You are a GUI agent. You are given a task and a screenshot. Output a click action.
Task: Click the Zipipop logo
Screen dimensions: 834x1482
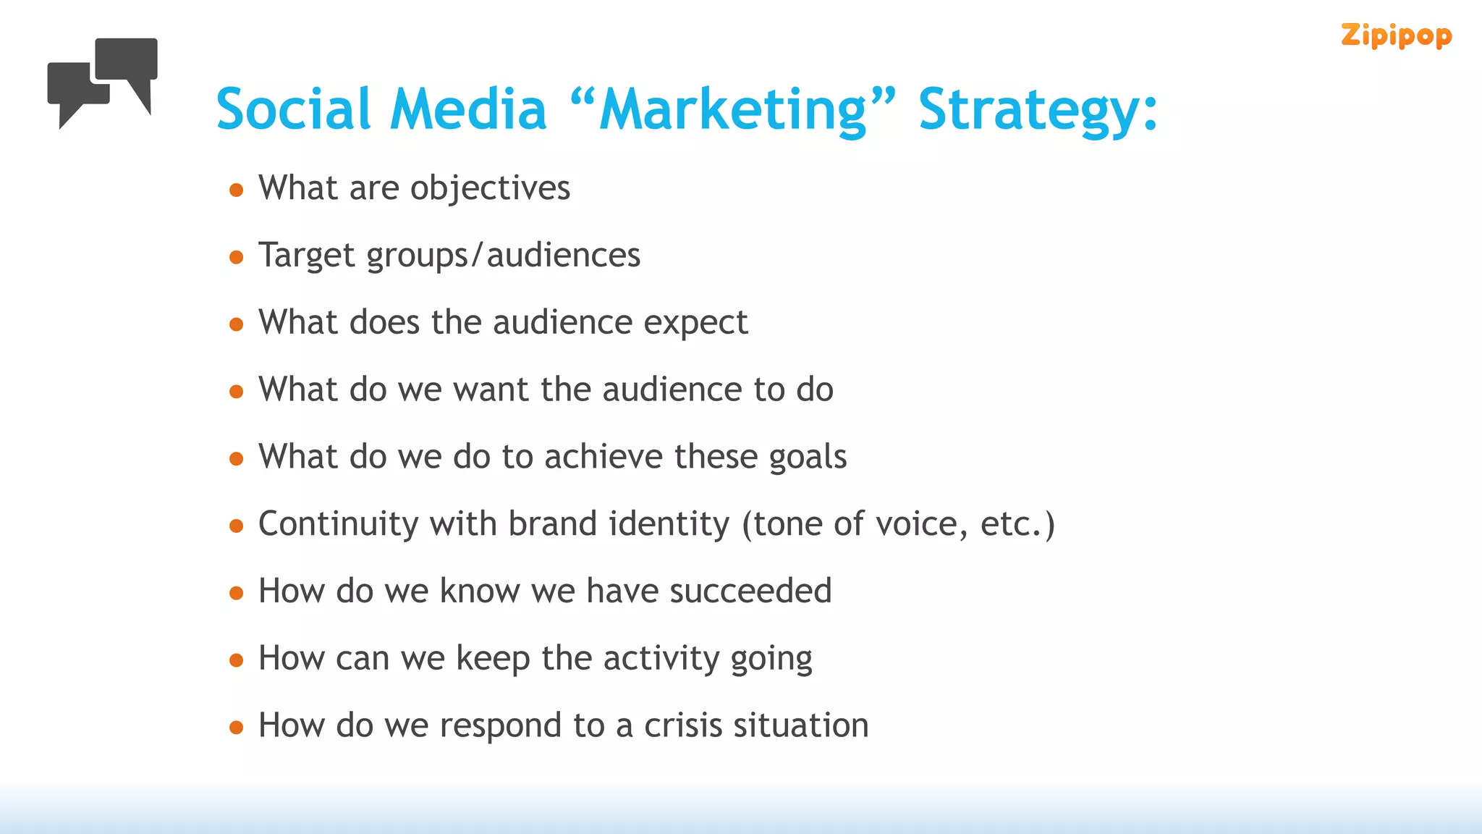1396,35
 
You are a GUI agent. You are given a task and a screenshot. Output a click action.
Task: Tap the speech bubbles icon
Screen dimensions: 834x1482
103,82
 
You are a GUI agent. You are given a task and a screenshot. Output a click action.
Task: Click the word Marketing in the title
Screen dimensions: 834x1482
733,110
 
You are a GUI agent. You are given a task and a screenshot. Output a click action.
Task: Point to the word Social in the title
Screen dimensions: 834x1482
293,110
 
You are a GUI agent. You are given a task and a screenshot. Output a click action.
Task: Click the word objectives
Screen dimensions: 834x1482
490,189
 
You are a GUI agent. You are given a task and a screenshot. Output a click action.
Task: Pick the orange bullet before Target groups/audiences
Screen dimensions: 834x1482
236,257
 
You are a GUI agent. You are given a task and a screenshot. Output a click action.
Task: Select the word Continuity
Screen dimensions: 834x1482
338,525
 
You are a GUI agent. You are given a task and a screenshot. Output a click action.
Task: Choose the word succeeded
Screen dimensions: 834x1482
750,591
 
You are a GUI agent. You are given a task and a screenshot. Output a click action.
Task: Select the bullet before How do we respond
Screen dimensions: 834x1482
236,728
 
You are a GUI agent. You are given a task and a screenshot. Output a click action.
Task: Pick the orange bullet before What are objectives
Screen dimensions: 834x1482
236,190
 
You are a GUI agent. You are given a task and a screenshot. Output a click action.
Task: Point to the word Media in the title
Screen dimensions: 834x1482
468,110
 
